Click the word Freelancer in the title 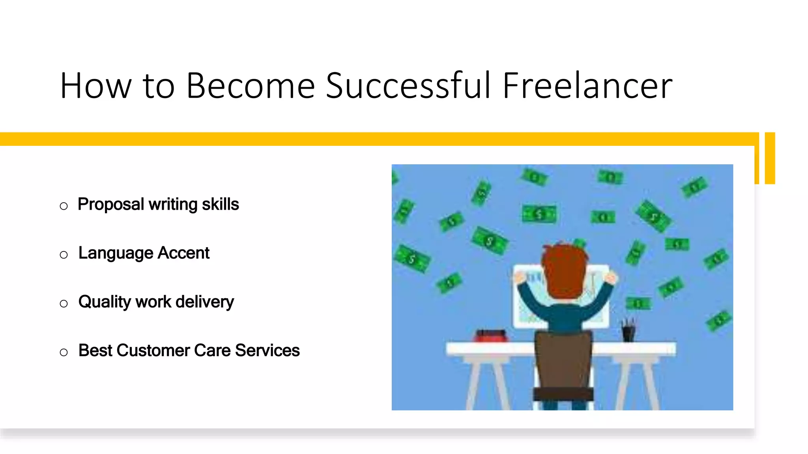(x=587, y=86)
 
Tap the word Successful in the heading (x=408, y=86)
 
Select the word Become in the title (x=251, y=86)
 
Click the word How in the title (x=95, y=86)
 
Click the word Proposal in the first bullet (x=111, y=205)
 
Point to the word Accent (x=183, y=253)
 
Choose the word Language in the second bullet (x=116, y=253)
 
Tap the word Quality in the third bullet (x=105, y=302)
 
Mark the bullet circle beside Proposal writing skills (x=64, y=206)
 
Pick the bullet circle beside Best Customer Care (x=64, y=352)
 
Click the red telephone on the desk (x=491, y=336)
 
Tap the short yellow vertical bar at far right (x=770, y=158)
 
